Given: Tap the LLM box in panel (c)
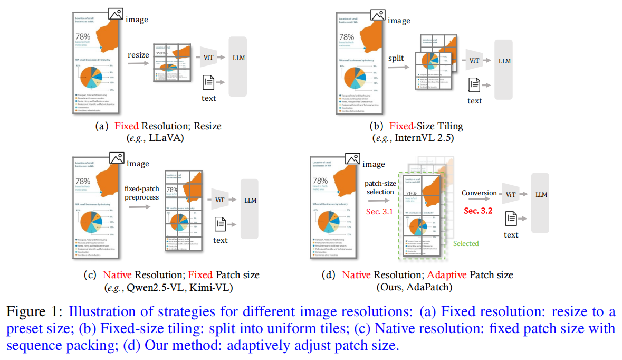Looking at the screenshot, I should [x=250, y=201].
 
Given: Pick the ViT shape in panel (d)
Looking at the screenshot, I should [x=511, y=195].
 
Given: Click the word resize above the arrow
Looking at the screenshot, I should [x=139, y=55].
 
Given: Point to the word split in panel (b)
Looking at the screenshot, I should [x=396, y=58].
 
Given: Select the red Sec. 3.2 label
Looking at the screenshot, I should [x=479, y=211].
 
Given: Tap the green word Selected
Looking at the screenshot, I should [x=466, y=243].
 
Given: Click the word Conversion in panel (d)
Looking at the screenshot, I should [x=480, y=193].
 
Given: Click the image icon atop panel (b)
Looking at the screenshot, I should [x=378, y=16].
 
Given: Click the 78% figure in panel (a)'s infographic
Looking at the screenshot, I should [x=83, y=36].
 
